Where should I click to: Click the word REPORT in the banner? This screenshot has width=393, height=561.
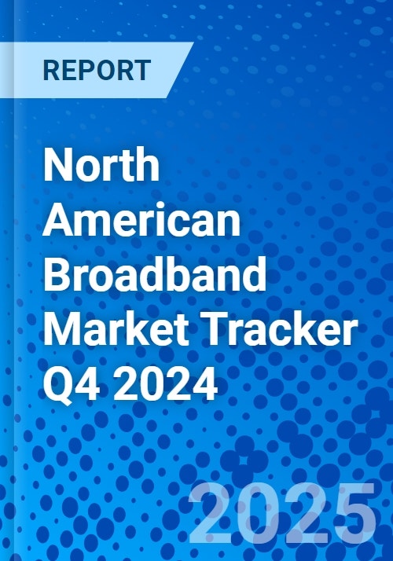coord(97,70)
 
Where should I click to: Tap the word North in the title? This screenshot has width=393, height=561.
coord(101,164)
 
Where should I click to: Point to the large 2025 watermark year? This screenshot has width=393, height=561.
coord(282,514)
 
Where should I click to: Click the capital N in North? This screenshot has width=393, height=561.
coord(57,164)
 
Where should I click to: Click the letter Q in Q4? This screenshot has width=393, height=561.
coord(57,385)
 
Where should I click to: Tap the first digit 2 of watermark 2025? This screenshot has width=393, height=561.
coord(211,513)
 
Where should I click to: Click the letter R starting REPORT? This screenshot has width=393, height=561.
coord(51,70)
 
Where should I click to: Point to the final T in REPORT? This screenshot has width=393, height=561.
coord(143,70)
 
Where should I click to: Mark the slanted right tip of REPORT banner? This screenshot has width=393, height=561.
coord(193,42)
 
